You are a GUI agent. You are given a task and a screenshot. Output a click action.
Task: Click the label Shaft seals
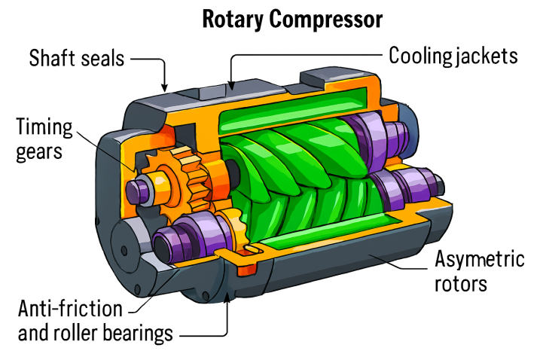tap(77, 57)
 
